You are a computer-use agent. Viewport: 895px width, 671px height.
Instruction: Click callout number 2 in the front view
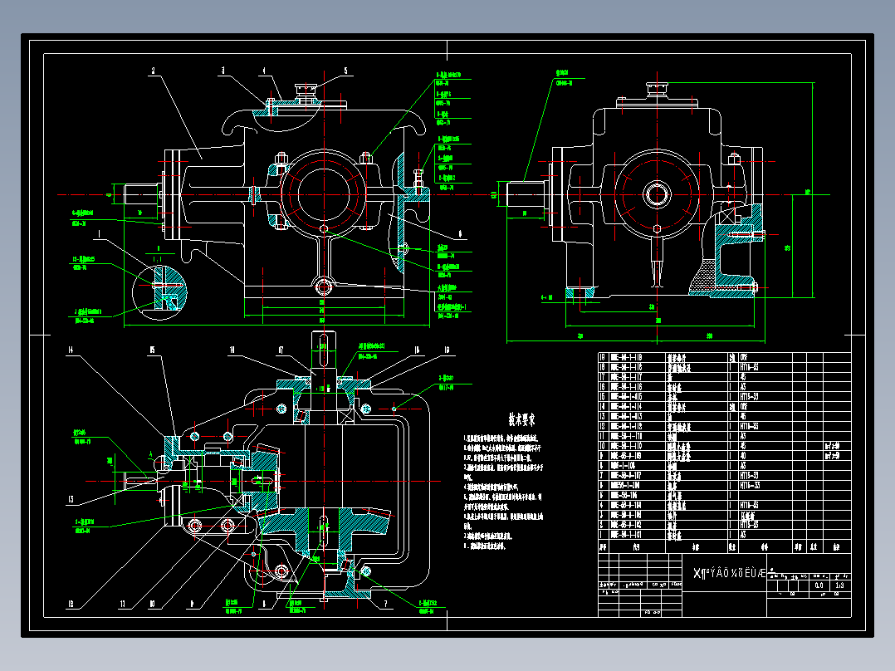click(x=153, y=71)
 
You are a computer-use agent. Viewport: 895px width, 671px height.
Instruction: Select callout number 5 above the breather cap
click(x=345, y=71)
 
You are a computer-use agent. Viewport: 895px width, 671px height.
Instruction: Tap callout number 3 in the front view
click(x=223, y=71)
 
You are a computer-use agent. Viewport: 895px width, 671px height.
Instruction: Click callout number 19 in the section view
click(x=446, y=350)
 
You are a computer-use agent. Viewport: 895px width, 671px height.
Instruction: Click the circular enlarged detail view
click(x=160, y=287)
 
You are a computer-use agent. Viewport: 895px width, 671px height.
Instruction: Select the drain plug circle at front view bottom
click(x=323, y=287)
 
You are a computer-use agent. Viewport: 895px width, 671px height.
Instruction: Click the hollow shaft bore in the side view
click(x=658, y=195)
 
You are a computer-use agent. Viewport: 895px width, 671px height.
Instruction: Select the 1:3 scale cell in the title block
click(x=841, y=585)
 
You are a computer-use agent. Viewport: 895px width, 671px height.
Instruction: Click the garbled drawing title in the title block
click(x=728, y=573)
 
